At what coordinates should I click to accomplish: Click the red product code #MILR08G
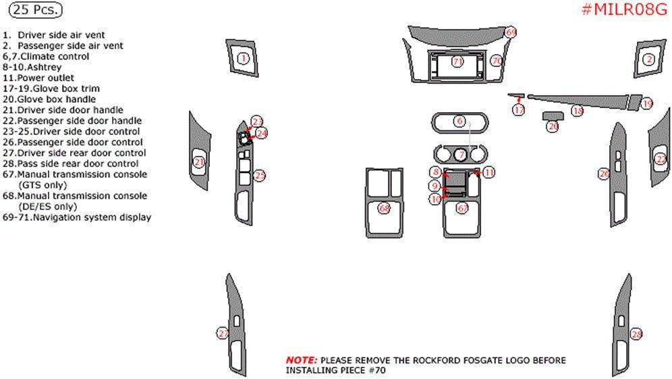point(623,9)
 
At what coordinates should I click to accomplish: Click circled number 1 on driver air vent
point(243,59)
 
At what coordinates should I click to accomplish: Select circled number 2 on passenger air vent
point(649,59)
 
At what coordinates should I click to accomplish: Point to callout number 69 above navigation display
point(511,32)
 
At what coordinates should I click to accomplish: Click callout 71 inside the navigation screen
point(457,61)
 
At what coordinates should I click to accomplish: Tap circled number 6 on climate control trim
point(459,122)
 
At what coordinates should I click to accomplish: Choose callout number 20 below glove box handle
point(553,126)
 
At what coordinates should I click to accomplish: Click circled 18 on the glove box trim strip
point(577,110)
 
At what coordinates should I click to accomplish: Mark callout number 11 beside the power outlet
point(488,172)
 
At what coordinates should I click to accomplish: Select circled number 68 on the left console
point(384,209)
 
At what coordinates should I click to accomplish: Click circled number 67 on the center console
point(462,209)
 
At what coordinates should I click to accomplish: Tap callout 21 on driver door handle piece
point(198,161)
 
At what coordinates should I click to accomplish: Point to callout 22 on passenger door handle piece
point(661,159)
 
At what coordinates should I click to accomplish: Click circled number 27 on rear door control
point(222,332)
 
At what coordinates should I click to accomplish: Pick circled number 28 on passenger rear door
point(636,334)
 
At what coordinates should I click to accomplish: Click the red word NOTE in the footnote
point(300,360)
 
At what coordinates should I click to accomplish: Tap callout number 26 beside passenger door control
point(604,174)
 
